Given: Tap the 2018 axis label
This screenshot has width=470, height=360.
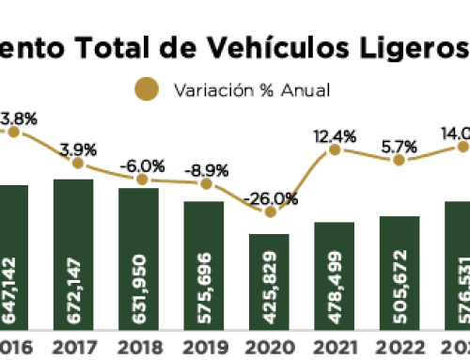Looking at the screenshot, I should click(138, 347).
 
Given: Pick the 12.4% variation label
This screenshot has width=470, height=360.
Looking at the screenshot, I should click(336, 136).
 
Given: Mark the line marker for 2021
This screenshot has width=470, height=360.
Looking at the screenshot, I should click(336, 150).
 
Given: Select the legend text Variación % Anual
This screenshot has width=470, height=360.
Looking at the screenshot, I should click(251, 91).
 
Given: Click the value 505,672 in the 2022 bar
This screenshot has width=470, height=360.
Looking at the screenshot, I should click(399, 279).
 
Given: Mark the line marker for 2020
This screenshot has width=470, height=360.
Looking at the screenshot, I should click(271, 212).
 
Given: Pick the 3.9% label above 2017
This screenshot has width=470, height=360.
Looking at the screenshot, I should click(77, 149).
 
